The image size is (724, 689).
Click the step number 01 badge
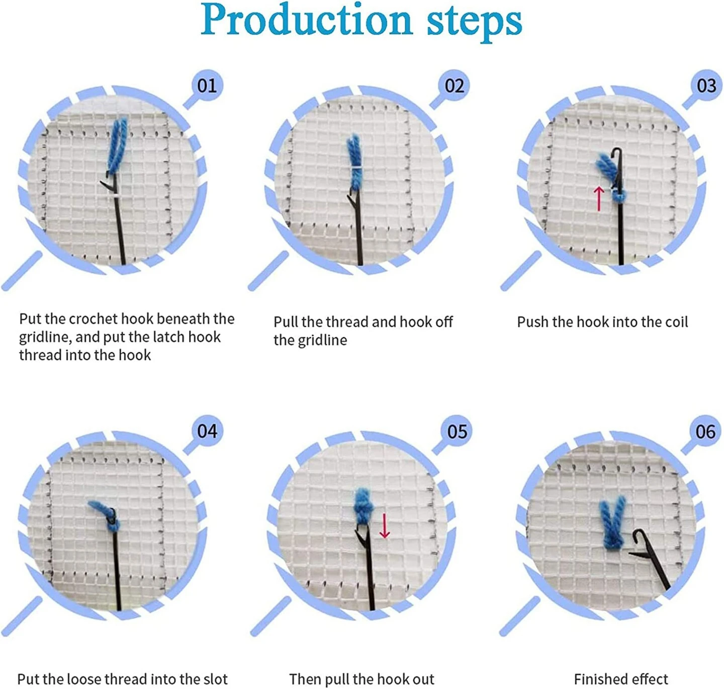(x=207, y=86)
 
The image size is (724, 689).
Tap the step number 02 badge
(x=454, y=86)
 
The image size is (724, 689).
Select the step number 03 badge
(x=706, y=86)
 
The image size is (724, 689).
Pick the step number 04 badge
(x=207, y=431)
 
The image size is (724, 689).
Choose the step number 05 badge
(x=457, y=431)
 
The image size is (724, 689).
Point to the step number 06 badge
(x=705, y=431)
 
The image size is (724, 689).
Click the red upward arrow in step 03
(x=598, y=198)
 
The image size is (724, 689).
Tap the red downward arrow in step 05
(x=385, y=525)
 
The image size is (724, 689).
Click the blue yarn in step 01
(x=118, y=143)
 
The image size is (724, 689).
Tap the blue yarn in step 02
(x=355, y=161)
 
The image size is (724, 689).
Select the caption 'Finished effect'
(x=621, y=679)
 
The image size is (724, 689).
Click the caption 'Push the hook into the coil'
(x=602, y=322)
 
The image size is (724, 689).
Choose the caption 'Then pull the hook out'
(x=361, y=679)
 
